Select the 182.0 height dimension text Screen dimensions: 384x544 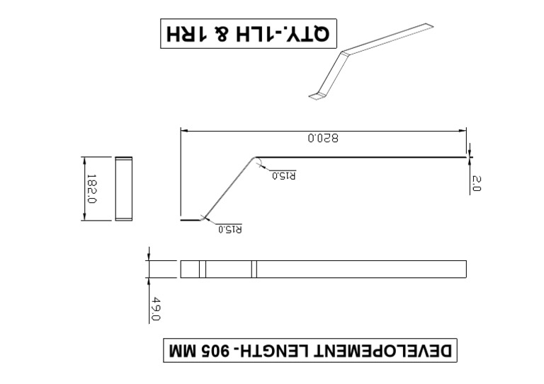click(x=91, y=189)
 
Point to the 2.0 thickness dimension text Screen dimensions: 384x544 click(x=476, y=185)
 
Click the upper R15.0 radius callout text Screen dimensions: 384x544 click(x=283, y=175)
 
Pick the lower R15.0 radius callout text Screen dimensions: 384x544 click(x=229, y=228)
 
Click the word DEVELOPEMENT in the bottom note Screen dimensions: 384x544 click(x=392, y=350)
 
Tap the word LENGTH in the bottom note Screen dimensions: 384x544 click(x=283, y=350)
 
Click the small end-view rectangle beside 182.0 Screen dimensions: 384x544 click(x=124, y=189)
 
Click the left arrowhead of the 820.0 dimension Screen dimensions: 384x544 click(x=183, y=130)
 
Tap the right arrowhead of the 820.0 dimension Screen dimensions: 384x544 click(x=463, y=130)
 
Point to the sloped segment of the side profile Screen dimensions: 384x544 click(x=228, y=188)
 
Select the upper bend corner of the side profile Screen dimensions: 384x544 click(x=254, y=158)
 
